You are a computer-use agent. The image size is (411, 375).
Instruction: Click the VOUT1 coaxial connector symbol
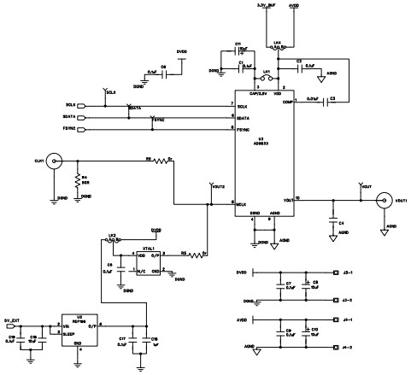383,202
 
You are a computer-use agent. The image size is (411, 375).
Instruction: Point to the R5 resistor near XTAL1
194,255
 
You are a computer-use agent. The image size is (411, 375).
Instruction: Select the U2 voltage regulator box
78,327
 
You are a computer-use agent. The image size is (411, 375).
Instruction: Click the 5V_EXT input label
15,318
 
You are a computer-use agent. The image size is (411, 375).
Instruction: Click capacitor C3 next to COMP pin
332,100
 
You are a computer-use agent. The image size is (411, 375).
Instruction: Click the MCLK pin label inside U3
243,203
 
